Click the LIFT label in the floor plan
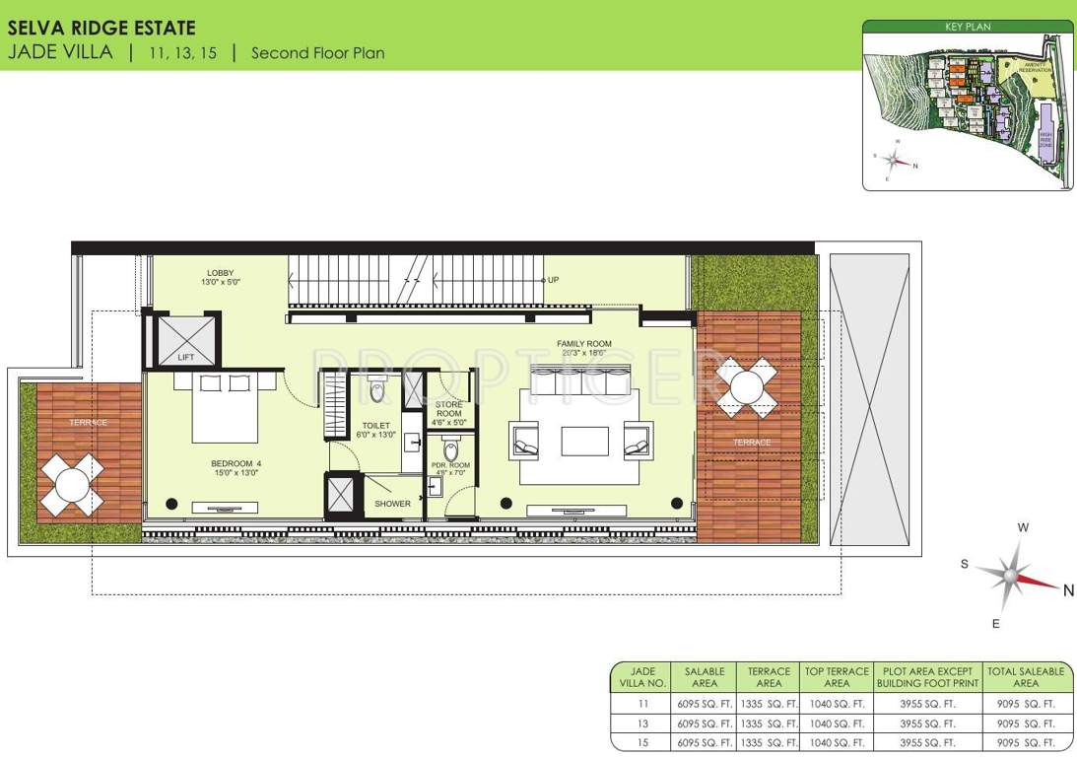[186, 358]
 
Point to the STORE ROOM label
[448, 409]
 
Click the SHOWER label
[392, 504]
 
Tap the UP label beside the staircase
[553, 280]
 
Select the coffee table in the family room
[584, 441]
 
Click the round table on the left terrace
[72, 484]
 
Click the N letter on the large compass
[1068, 590]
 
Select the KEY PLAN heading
[967, 28]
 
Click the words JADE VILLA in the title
[60, 52]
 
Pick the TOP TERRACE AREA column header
[836, 677]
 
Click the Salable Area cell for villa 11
[704, 704]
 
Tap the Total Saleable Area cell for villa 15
[1025, 742]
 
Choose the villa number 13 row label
[641, 723]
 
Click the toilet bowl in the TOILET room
[376, 391]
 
